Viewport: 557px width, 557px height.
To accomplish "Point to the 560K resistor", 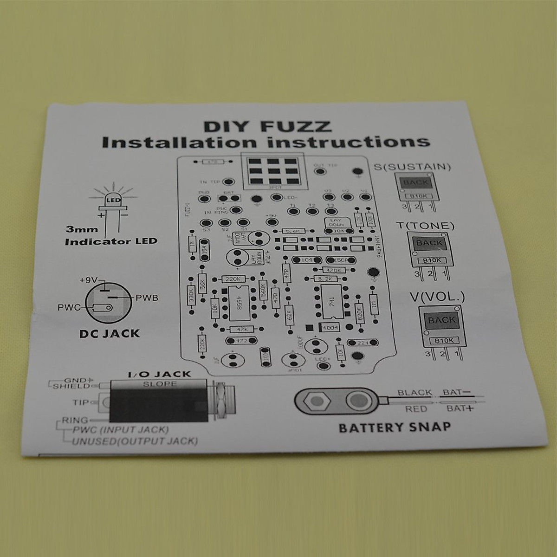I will pos(263,290).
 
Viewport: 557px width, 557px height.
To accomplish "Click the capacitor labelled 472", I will pos(241,341).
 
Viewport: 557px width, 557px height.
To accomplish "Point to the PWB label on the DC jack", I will pos(147,298).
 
